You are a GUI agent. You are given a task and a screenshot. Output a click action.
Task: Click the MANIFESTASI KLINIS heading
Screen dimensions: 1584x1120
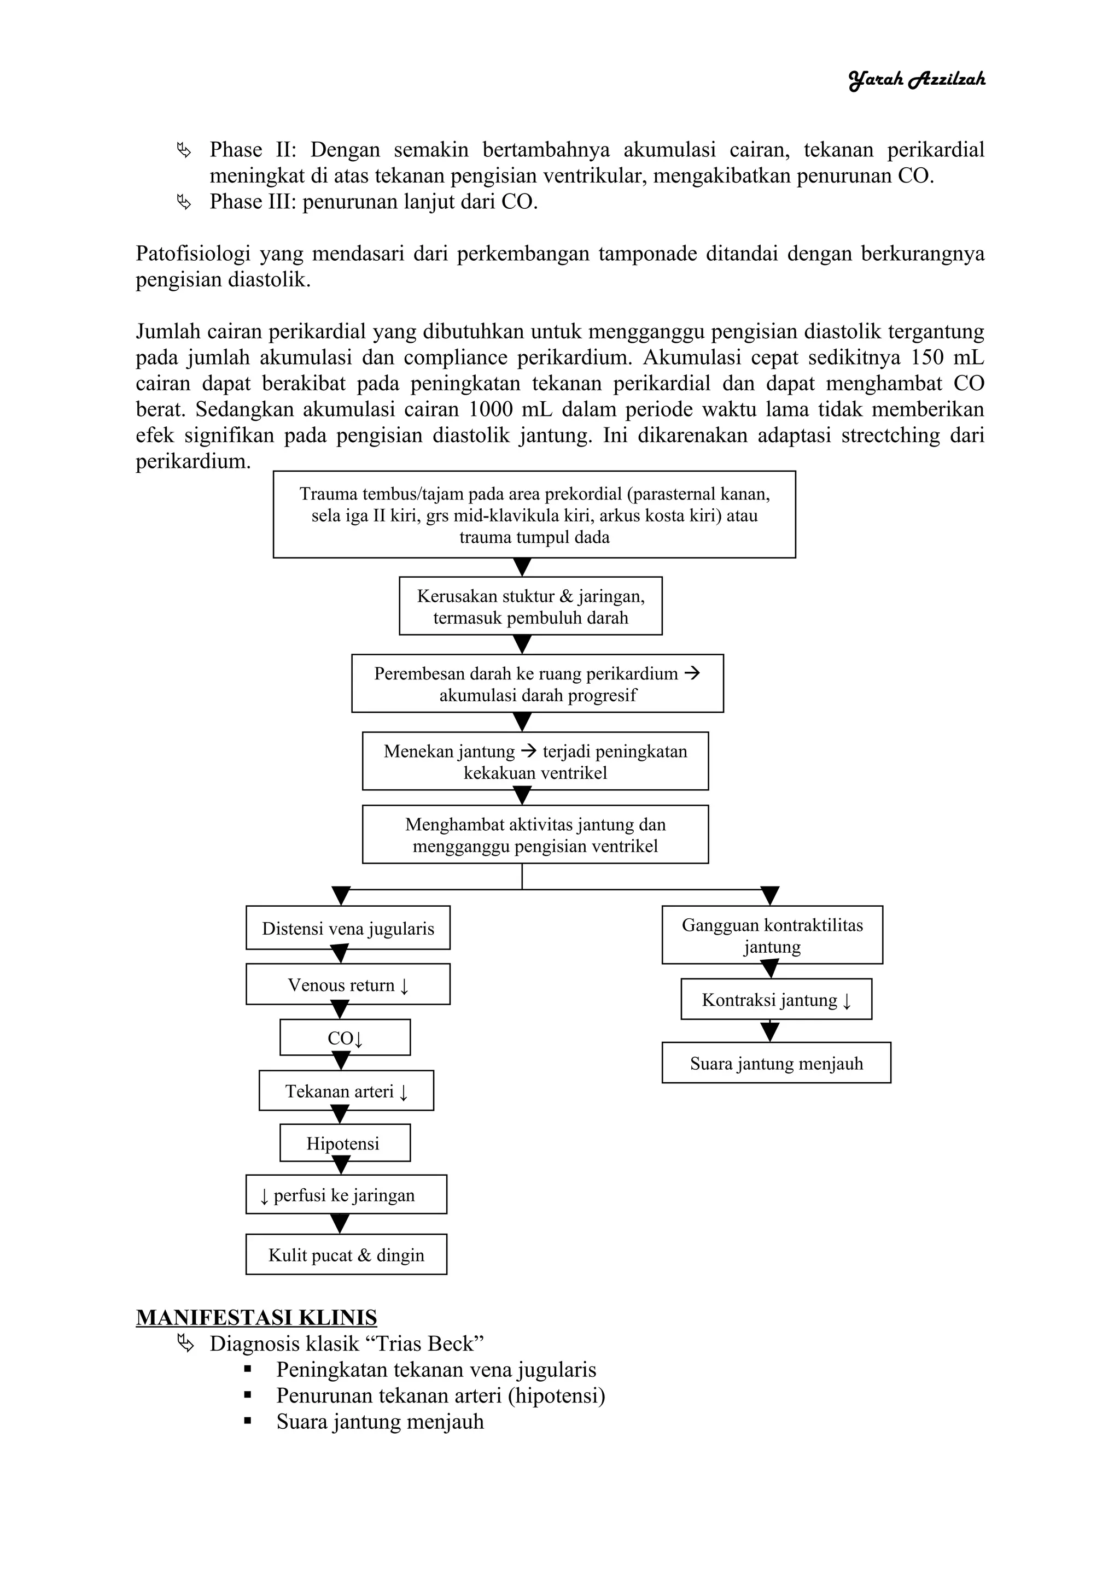click(256, 1318)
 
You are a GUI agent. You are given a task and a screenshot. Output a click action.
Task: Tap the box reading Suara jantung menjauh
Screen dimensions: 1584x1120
click(775, 1063)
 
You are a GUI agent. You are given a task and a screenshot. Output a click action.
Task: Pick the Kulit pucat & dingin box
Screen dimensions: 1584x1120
click(346, 1254)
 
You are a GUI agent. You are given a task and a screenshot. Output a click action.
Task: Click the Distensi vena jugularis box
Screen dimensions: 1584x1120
click(348, 928)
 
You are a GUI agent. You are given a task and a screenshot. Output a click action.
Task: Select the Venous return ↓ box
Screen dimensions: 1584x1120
click(348, 984)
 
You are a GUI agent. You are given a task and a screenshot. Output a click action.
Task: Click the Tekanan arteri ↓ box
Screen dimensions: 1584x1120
click(346, 1091)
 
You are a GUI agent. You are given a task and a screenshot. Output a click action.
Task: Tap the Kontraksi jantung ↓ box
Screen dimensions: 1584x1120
click(775, 1000)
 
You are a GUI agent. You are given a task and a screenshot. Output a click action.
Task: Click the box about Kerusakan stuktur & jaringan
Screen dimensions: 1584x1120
click(530, 606)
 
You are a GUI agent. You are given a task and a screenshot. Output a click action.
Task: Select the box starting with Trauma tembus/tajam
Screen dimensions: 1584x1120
click(534, 515)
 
